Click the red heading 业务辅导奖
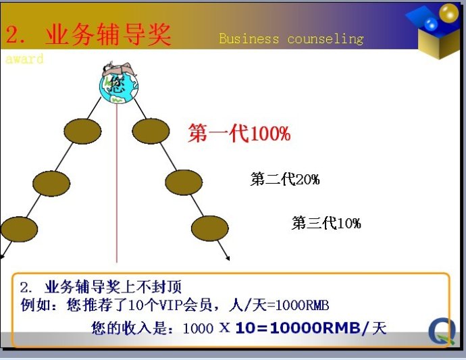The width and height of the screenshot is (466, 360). pyautogui.click(x=109, y=34)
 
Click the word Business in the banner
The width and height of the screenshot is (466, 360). pyautogui.click(x=249, y=38)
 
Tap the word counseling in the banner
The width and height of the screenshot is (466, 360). pyautogui.click(x=326, y=39)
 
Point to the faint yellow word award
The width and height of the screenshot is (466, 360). pyautogui.click(x=24, y=59)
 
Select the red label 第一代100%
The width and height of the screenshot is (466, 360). pyautogui.click(x=239, y=133)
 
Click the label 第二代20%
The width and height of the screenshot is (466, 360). pyautogui.click(x=285, y=179)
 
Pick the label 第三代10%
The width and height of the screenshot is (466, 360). pyautogui.click(x=326, y=223)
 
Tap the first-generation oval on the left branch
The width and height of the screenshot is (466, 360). pyautogui.click(x=82, y=132)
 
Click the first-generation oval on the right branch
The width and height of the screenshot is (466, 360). pyautogui.click(x=151, y=131)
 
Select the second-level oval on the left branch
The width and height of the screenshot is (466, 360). pyautogui.click(x=51, y=184)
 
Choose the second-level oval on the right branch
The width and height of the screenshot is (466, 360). pyautogui.click(x=184, y=182)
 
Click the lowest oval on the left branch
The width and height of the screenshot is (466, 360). pyautogui.click(x=19, y=229)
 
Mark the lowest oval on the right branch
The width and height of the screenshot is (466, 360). pyautogui.click(x=210, y=228)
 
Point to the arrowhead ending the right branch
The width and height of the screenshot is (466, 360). pyautogui.click(x=228, y=259)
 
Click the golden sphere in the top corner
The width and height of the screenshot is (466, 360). pyautogui.click(x=448, y=13)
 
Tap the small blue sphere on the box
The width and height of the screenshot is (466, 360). pyautogui.click(x=431, y=24)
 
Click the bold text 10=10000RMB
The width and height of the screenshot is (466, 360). pyautogui.click(x=298, y=328)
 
